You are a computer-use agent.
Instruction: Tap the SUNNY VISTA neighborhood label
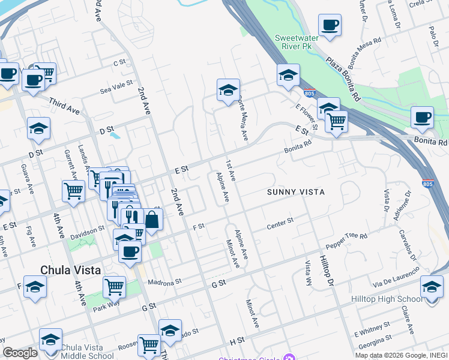point(296,192)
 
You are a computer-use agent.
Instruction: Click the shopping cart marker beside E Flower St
point(336,121)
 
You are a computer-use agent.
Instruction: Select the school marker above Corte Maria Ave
point(228,90)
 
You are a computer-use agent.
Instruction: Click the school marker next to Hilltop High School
point(432,286)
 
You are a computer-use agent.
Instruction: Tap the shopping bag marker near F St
point(152,220)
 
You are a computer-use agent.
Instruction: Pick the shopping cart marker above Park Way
point(114,286)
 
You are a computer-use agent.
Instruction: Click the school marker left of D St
point(38,128)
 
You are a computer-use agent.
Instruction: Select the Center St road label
point(280,224)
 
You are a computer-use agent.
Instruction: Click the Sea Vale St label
point(116,86)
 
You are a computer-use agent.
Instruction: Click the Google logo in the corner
point(20,352)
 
